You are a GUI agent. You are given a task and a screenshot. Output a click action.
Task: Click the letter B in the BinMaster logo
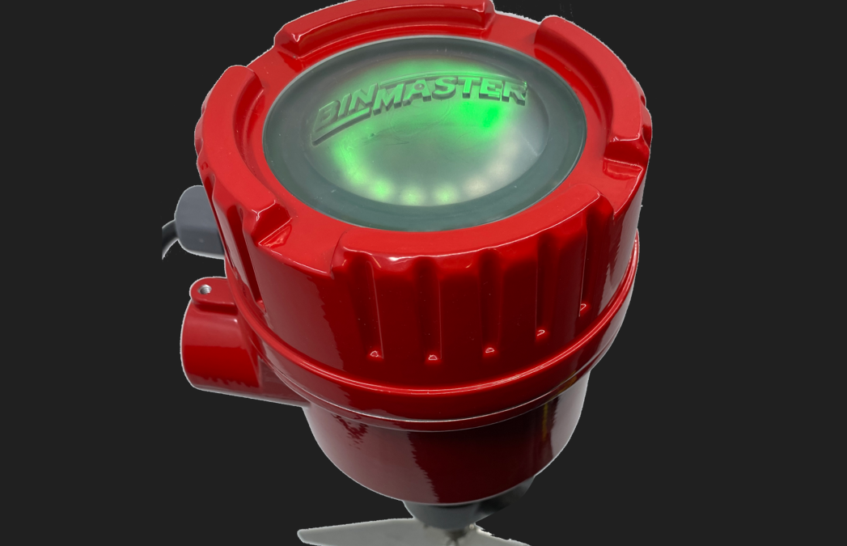(x=328, y=119)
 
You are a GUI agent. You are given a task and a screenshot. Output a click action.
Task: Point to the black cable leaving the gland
(x=168, y=238)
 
